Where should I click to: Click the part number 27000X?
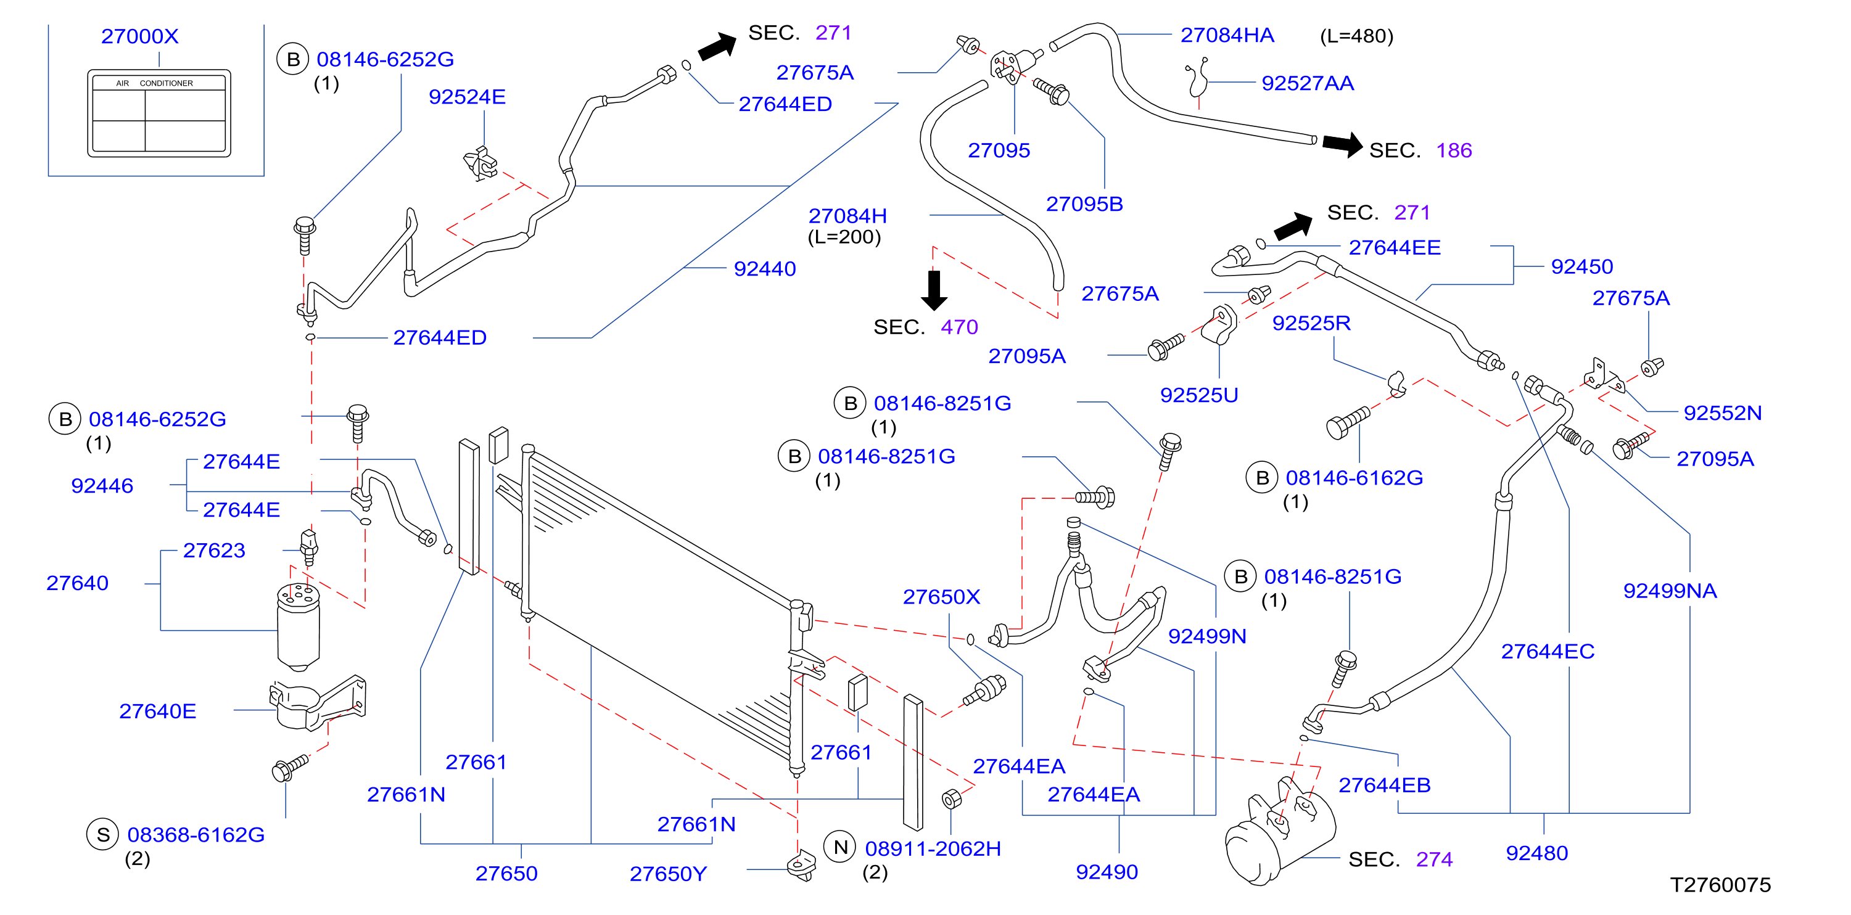(139, 36)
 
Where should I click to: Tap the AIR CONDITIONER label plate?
(159, 113)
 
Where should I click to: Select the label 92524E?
(467, 96)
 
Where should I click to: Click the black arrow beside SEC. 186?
(1342, 144)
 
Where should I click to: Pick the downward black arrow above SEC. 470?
(934, 289)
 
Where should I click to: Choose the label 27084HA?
(1227, 35)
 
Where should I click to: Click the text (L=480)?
(1356, 36)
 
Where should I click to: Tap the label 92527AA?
(1308, 83)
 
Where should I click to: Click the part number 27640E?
(157, 710)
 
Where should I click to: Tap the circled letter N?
(840, 848)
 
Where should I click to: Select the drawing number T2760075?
(1720, 884)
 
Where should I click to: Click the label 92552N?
(1722, 412)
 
